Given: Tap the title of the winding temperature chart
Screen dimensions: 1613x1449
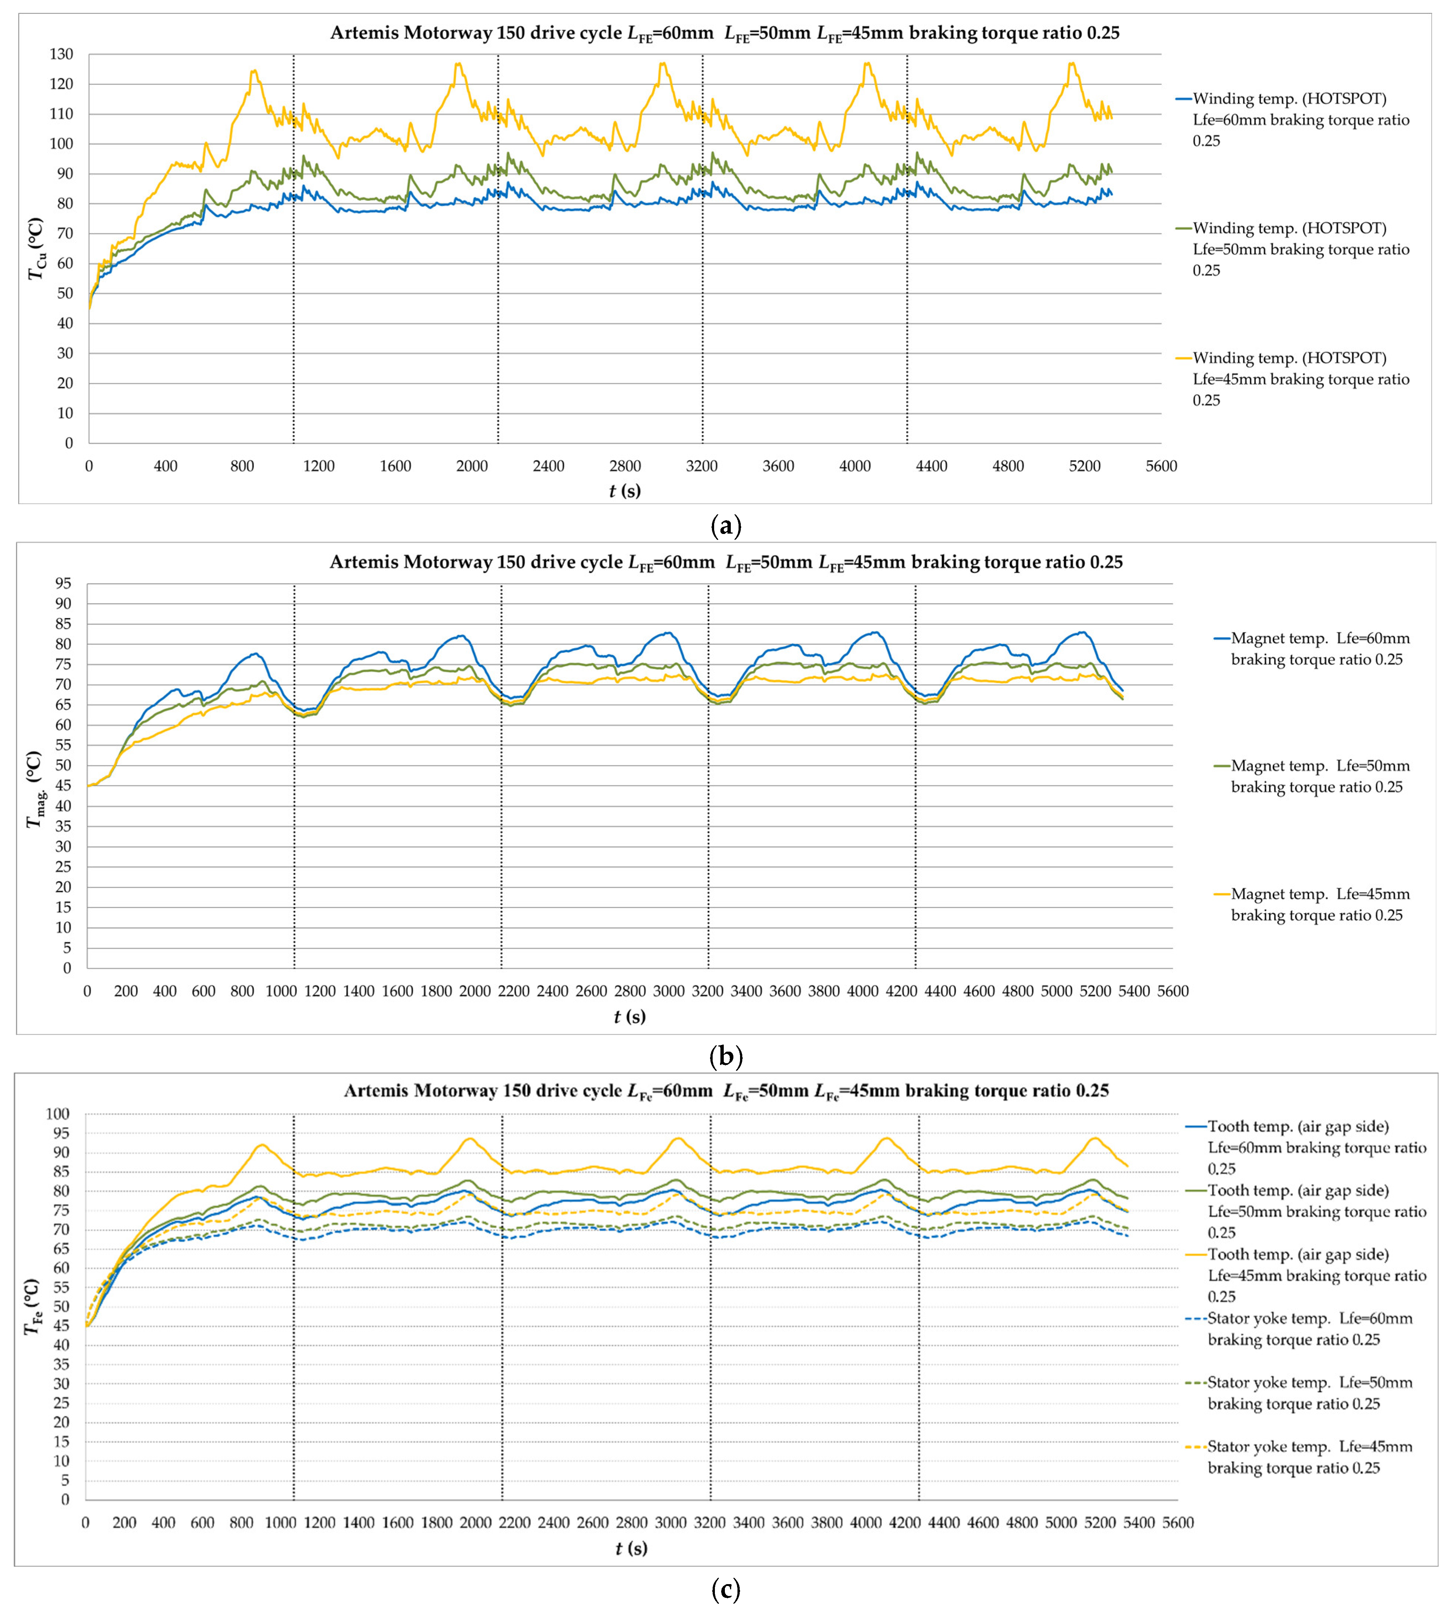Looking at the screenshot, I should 724,33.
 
